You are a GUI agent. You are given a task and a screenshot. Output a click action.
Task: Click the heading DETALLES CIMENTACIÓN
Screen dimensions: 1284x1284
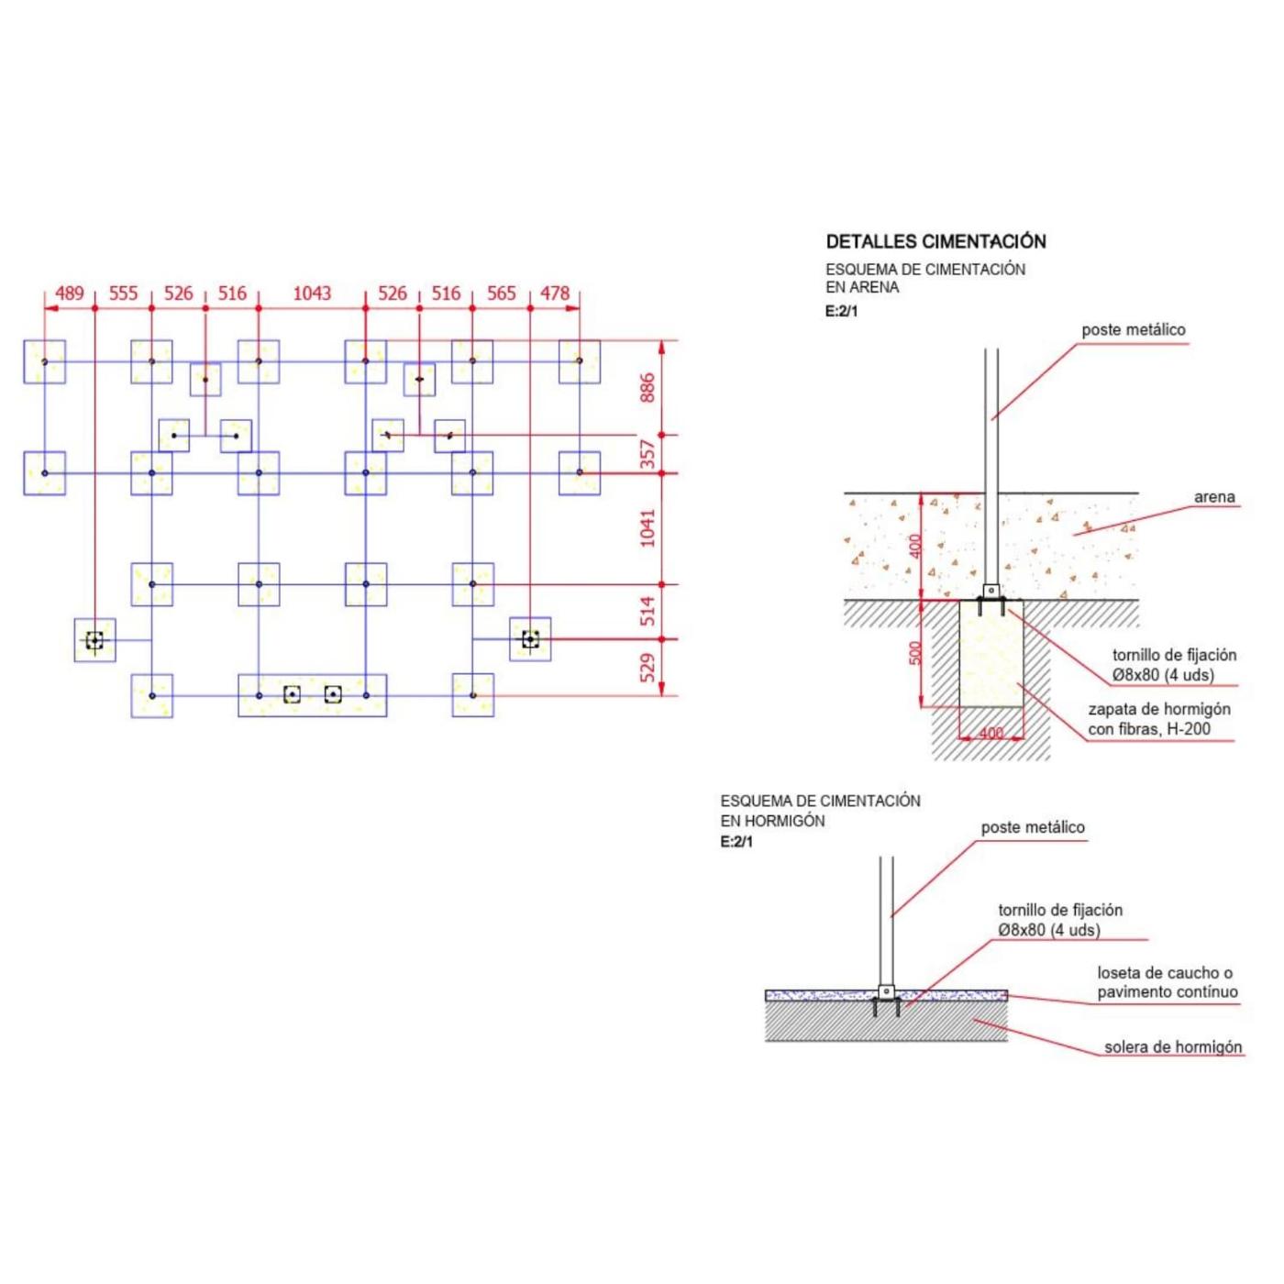(935, 241)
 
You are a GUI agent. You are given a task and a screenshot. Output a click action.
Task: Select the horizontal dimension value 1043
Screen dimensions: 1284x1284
(312, 293)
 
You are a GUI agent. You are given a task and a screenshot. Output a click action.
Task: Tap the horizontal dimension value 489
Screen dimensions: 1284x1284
(70, 293)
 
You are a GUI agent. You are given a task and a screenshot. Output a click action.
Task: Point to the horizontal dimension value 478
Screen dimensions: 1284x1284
(555, 293)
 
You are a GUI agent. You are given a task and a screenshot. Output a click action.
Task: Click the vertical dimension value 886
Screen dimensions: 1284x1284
(648, 388)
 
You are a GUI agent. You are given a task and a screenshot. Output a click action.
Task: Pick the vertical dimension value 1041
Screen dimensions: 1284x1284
(648, 527)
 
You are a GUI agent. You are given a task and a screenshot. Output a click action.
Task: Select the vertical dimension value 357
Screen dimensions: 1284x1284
(648, 454)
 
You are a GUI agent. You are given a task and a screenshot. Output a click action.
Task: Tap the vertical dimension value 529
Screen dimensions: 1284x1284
(648, 668)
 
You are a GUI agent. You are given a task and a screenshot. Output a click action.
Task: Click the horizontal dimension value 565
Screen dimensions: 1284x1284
(501, 293)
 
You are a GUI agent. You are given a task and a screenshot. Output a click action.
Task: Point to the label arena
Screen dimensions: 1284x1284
(1214, 496)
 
